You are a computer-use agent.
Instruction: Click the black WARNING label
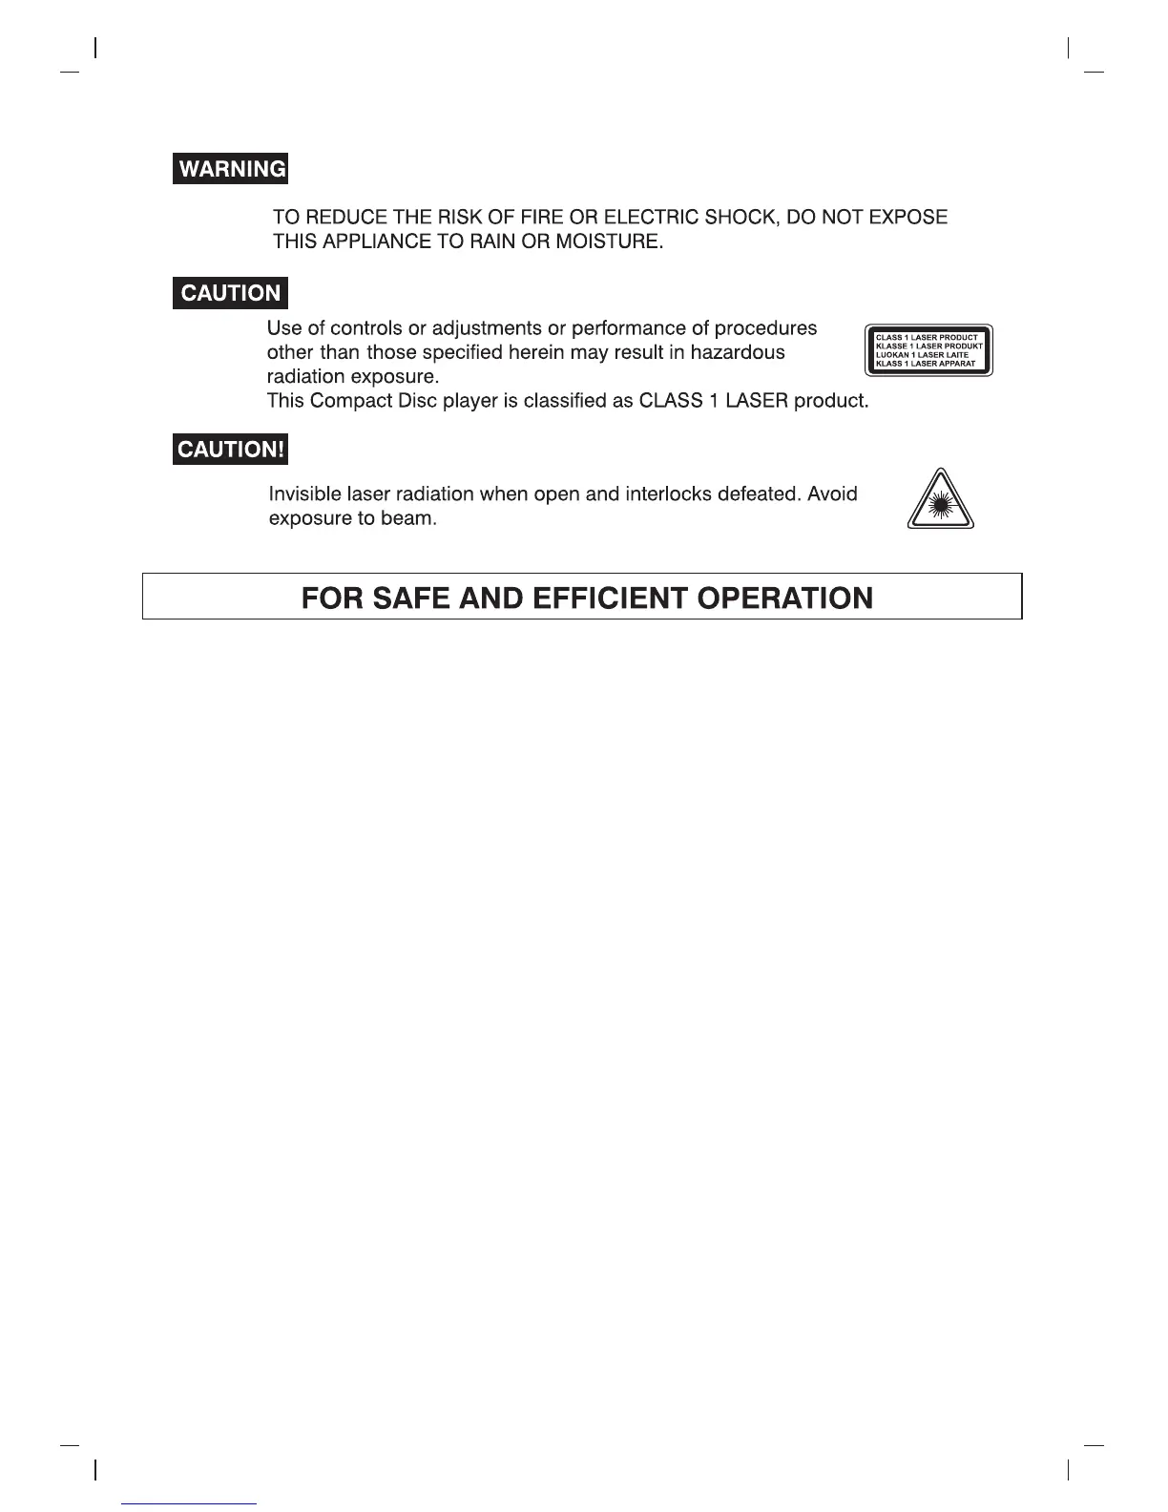(231, 169)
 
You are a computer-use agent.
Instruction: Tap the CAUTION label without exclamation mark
(230, 293)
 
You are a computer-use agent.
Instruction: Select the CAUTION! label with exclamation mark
(230, 450)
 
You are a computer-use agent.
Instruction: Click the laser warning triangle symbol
(941, 501)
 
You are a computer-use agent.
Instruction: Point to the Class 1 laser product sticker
(928, 350)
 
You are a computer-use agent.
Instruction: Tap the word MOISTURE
(608, 242)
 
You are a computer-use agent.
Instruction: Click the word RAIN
(494, 242)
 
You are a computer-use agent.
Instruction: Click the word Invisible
(303, 494)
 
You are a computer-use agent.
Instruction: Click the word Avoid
(832, 494)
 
